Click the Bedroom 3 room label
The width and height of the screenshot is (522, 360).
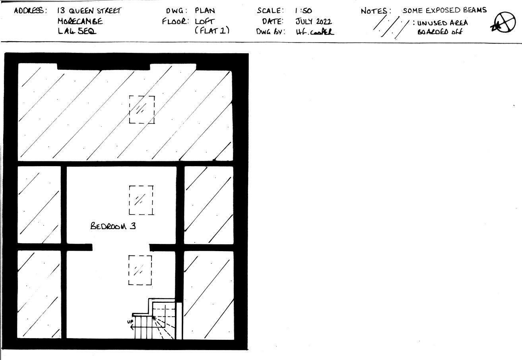pos(113,226)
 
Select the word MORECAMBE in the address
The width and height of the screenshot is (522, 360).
pos(80,21)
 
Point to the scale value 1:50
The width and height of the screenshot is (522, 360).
pos(303,11)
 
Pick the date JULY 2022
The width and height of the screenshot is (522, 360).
pos(313,21)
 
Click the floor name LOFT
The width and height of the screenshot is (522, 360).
pos(204,21)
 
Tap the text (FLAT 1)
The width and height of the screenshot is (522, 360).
pos(212,31)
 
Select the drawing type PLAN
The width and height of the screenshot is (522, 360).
pos(205,11)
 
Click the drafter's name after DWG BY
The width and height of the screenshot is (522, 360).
pos(315,32)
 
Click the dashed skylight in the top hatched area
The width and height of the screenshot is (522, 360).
pos(142,109)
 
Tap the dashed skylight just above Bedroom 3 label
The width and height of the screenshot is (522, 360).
pos(141,200)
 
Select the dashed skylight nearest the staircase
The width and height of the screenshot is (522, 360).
pos(140,270)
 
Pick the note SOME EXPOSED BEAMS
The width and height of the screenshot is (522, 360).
pos(444,10)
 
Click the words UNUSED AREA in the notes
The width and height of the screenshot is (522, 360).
pos(442,23)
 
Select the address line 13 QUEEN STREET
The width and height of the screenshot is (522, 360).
pos(89,11)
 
